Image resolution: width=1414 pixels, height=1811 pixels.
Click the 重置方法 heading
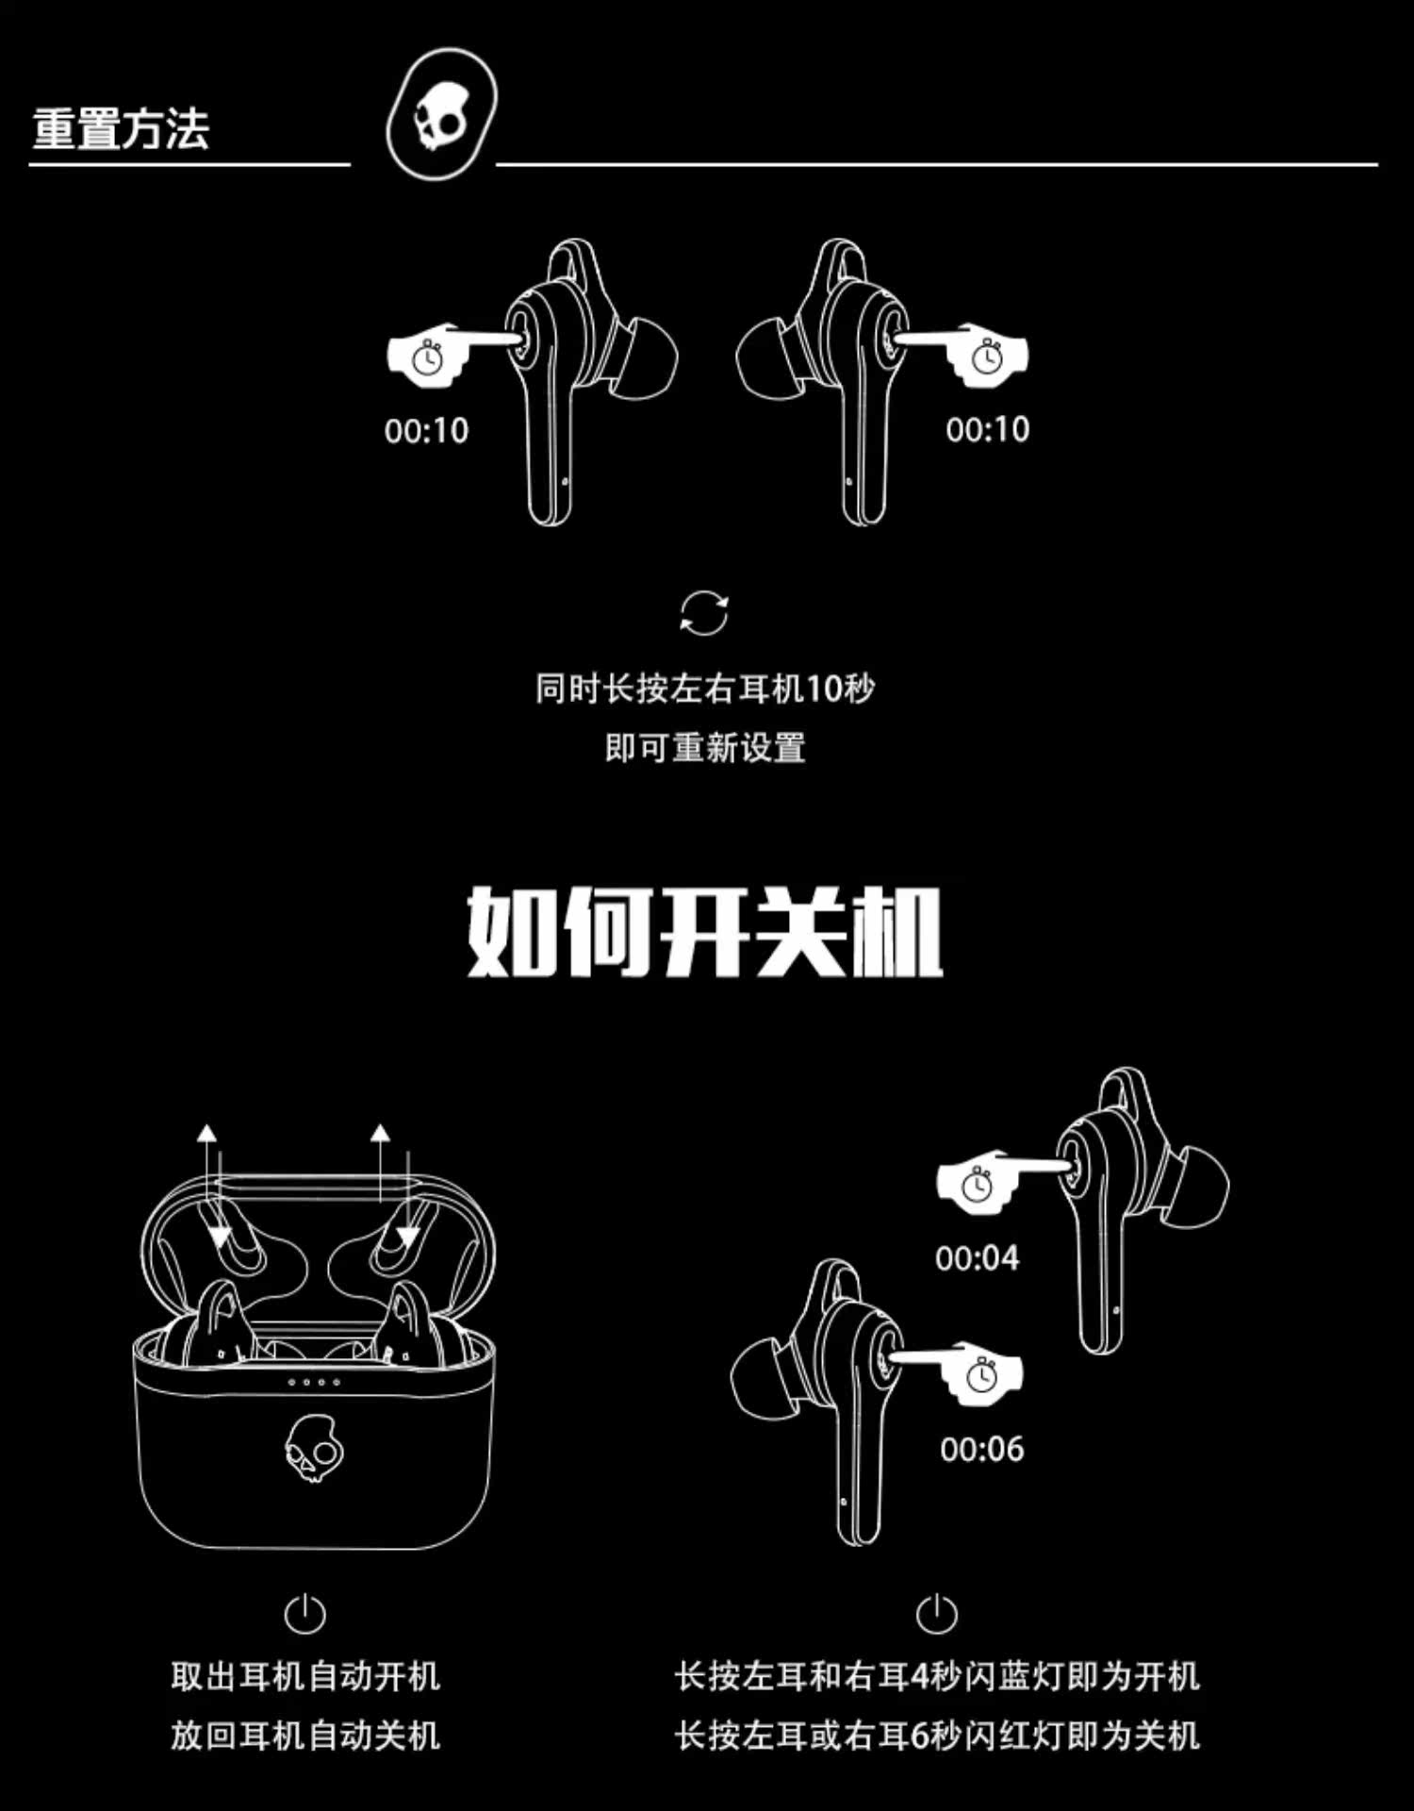[121, 128]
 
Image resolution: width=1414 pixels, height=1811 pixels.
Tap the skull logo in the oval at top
[440, 114]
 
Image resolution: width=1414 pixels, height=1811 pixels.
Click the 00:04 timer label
[977, 1257]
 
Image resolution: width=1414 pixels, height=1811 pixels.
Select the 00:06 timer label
[981, 1448]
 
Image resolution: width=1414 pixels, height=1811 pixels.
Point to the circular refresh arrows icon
[704, 614]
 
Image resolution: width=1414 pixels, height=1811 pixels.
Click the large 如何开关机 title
[705, 932]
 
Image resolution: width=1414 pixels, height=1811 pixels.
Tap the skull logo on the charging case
[313, 1448]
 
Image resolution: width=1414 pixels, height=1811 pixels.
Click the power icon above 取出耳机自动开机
[304, 1614]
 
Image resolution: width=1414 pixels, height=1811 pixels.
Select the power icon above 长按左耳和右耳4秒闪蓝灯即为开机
[936, 1614]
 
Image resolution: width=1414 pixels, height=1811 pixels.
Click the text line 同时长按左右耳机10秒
[705, 689]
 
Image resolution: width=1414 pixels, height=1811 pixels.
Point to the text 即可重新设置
[705, 748]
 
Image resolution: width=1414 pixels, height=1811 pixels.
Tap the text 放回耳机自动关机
[305, 1736]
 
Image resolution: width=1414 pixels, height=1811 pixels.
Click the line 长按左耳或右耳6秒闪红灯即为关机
[937, 1736]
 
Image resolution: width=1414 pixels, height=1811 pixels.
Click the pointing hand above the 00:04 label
[980, 1179]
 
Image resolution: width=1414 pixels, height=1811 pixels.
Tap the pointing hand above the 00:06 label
[980, 1372]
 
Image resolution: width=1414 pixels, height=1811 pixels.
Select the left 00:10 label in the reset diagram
[426, 430]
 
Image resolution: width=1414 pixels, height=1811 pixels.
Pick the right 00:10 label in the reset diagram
[987, 429]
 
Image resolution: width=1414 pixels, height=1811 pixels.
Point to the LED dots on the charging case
[314, 1382]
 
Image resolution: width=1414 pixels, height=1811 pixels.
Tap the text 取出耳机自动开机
[305, 1676]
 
